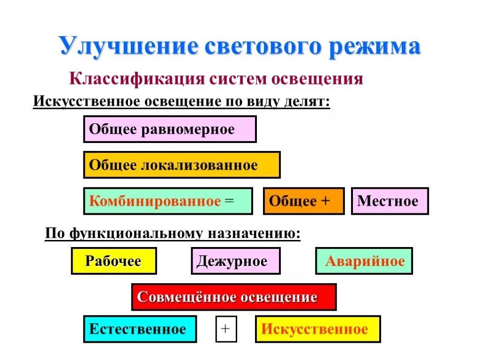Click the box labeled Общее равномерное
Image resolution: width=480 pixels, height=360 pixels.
coord(170,129)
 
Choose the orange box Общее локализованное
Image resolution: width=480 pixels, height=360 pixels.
coord(182,165)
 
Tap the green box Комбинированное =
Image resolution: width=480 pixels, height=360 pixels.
coord(168,201)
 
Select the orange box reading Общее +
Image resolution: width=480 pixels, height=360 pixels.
coord(304,201)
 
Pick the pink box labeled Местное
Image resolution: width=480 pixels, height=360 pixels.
coord(390,201)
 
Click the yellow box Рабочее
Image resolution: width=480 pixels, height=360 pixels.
coord(113,261)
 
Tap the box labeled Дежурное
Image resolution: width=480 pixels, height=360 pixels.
coord(235,261)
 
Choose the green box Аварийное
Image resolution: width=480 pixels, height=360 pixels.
coord(364,261)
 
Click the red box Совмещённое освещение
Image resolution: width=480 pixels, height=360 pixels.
coord(233,297)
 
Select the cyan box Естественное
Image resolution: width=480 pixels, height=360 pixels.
coord(140,329)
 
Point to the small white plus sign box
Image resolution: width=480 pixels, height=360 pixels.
coord(226,329)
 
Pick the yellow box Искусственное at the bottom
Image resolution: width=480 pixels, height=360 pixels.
coord(318,329)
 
